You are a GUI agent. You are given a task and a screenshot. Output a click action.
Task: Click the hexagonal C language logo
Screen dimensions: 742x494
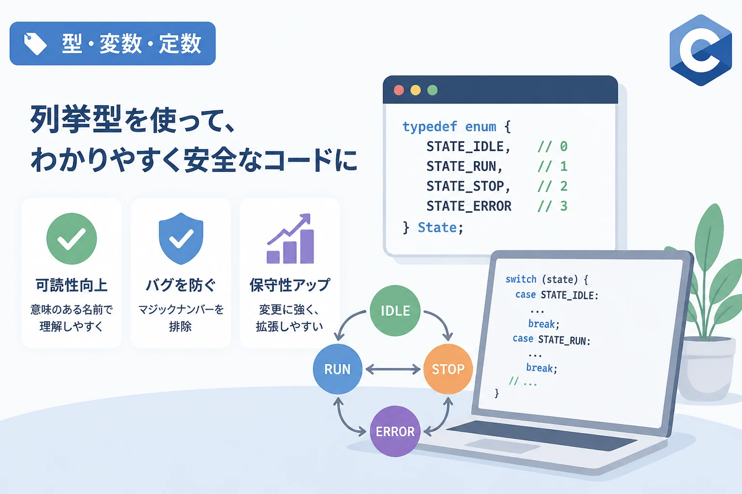(x=700, y=50)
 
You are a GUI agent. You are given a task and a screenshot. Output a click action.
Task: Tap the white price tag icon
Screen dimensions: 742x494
(x=35, y=43)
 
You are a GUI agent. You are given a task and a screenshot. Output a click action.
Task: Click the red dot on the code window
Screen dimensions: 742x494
(x=399, y=90)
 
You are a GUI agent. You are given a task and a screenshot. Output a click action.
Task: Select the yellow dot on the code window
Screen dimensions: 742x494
(x=415, y=90)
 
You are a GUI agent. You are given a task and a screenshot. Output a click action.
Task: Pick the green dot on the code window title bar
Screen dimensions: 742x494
(x=432, y=90)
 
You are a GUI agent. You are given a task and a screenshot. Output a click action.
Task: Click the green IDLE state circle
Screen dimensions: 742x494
(x=395, y=311)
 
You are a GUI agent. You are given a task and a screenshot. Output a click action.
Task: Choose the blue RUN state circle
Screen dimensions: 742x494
(x=338, y=369)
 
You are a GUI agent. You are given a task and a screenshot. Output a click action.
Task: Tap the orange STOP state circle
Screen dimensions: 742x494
(x=448, y=369)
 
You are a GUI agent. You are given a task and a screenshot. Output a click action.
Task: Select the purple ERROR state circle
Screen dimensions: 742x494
(x=395, y=431)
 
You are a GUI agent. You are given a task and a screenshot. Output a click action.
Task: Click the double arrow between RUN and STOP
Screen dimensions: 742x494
(x=393, y=369)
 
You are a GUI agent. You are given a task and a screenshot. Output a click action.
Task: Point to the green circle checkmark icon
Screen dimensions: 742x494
(x=71, y=239)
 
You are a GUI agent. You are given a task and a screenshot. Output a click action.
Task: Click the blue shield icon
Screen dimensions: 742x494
(x=181, y=239)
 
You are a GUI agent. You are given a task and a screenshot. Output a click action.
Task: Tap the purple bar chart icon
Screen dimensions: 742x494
(x=290, y=239)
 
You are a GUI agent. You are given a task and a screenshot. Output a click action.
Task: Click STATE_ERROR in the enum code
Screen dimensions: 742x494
(x=469, y=206)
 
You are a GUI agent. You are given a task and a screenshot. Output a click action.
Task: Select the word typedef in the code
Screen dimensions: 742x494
(x=429, y=127)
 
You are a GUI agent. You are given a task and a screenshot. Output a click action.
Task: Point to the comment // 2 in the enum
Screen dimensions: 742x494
(x=552, y=186)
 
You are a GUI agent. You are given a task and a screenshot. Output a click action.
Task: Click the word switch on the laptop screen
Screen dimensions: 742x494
(x=521, y=279)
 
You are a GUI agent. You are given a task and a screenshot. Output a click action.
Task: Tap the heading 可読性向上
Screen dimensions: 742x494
(x=71, y=285)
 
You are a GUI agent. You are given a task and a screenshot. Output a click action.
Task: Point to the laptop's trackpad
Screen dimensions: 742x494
(x=502, y=445)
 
